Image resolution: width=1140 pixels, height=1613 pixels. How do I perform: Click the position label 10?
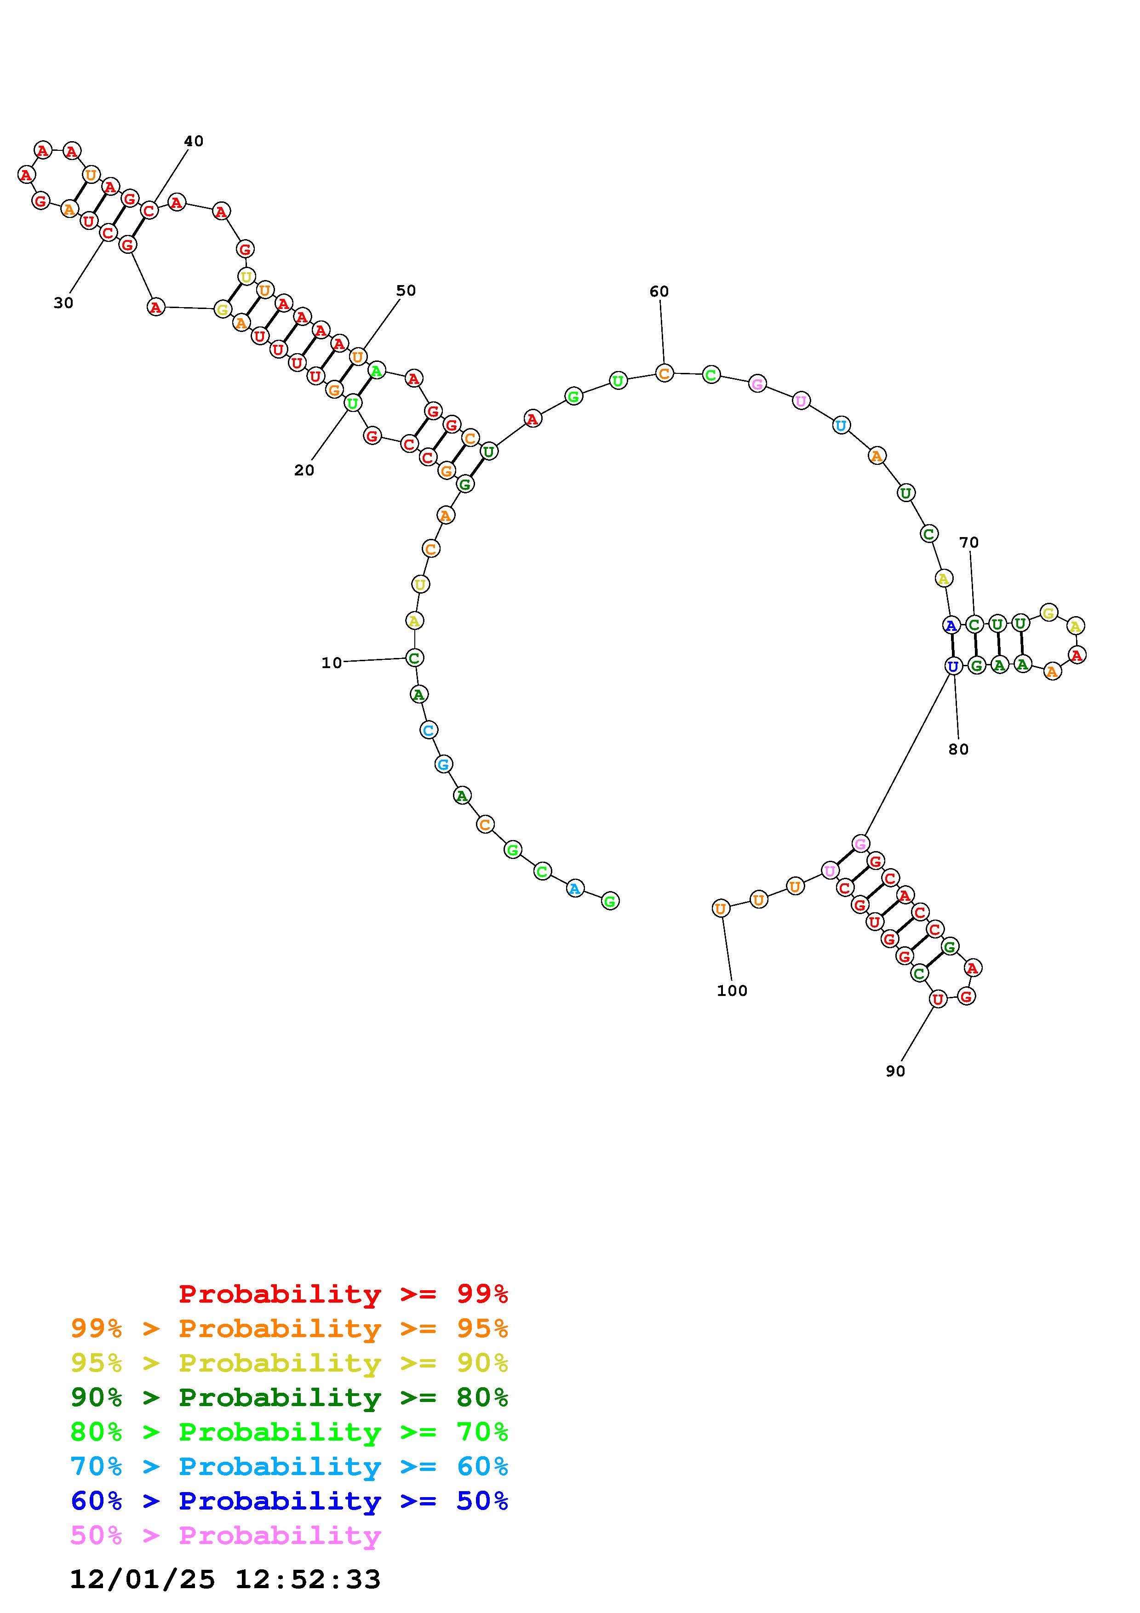point(332,663)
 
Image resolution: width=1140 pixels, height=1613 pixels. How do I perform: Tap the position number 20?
point(304,471)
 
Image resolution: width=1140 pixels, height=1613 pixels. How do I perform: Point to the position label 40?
point(194,141)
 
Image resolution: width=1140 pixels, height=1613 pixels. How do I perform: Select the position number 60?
point(659,292)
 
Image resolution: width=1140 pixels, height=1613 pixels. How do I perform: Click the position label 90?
point(895,1071)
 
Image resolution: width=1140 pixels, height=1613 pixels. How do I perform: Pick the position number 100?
point(732,990)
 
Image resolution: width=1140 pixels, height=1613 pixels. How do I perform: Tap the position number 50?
point(406,291)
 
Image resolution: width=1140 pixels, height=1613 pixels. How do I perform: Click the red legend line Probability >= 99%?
point(344,1294)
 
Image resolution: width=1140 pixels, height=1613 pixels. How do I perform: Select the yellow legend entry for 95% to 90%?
point(289,1363)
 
